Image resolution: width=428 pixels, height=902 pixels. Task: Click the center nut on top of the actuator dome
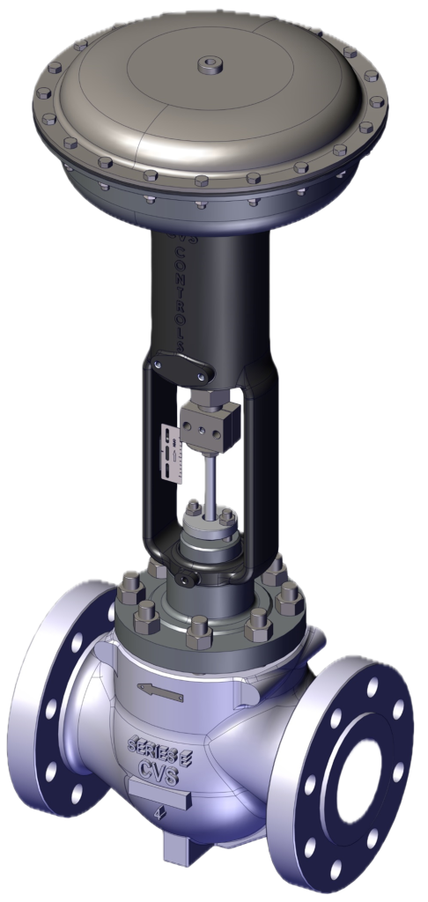[210, 63]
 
